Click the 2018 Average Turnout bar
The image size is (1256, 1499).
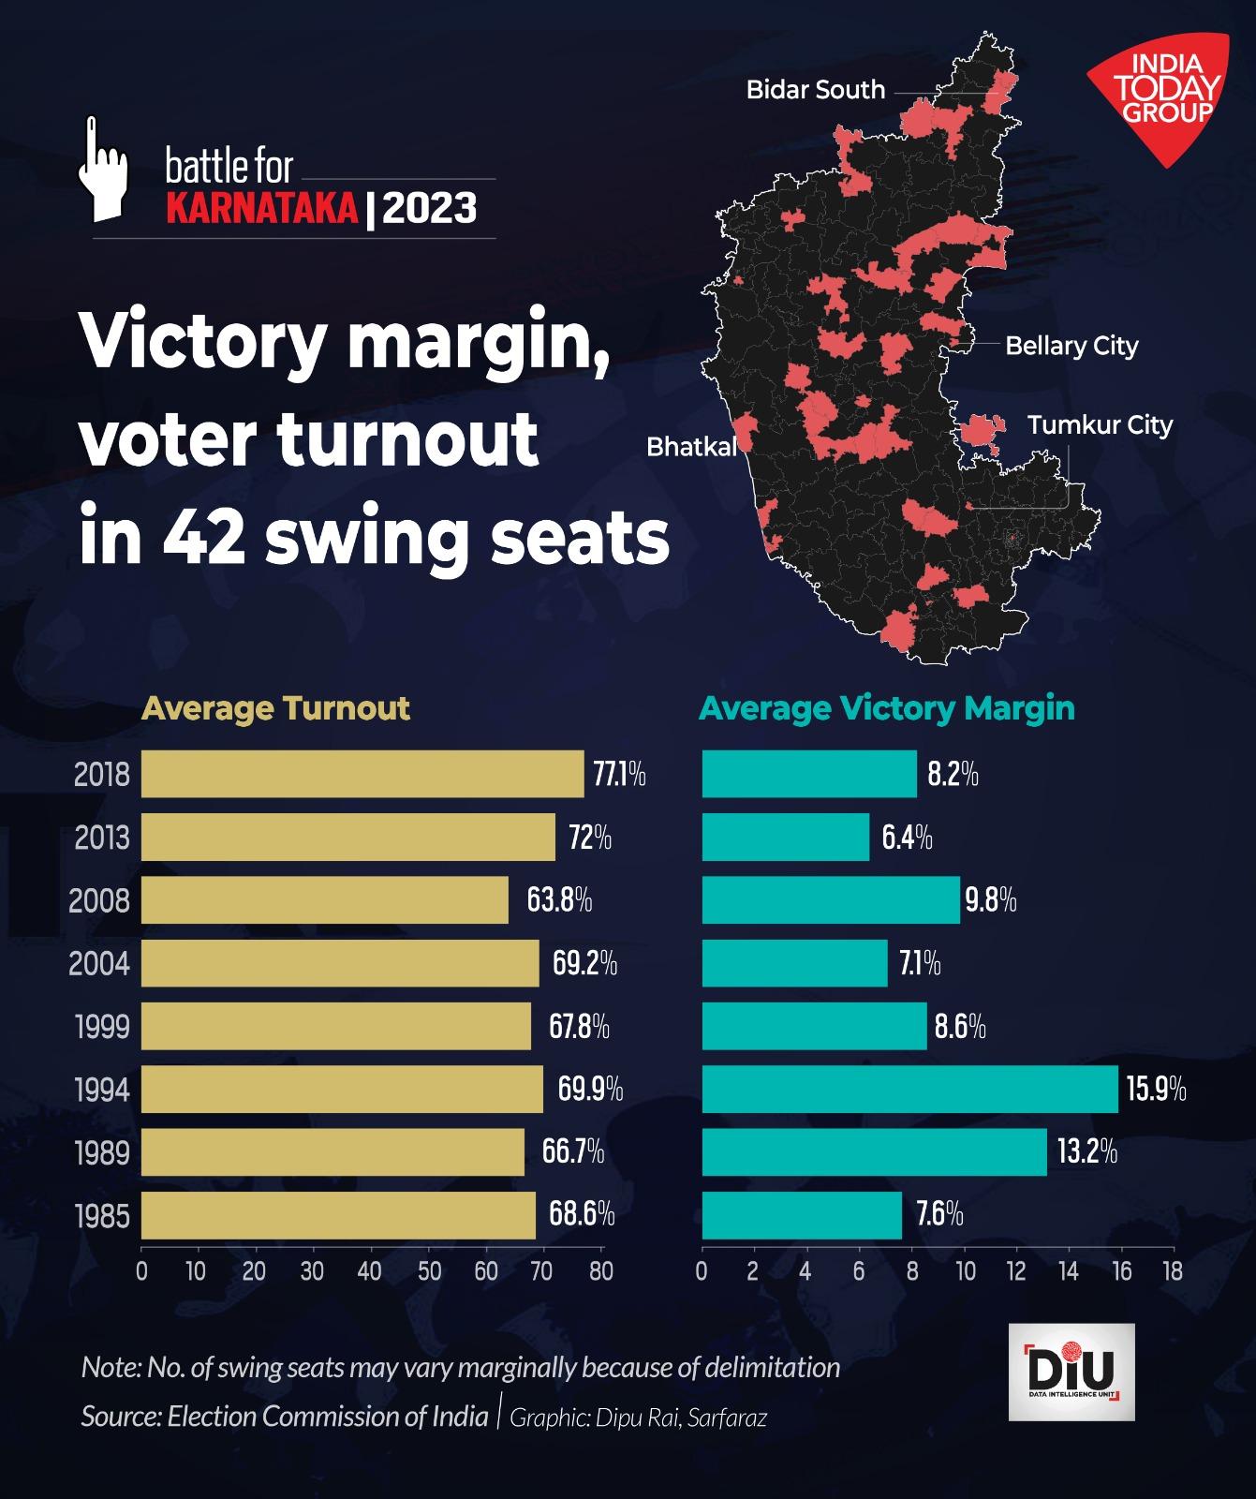362,774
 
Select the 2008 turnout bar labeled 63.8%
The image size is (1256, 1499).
324,900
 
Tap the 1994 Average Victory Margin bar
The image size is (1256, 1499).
909,1090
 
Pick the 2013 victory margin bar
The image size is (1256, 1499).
785,837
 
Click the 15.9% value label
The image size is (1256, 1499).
1156,1090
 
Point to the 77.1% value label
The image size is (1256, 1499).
619,775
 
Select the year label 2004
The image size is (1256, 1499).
99,963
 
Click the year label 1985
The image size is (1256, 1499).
101,1216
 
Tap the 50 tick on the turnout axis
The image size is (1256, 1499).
428,1271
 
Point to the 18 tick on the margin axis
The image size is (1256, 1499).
1172,1271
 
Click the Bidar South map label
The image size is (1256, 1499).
815,90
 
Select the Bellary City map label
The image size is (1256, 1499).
1071,346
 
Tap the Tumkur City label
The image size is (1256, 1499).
1100,425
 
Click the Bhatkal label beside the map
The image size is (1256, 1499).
691,447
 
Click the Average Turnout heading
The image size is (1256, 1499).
275,708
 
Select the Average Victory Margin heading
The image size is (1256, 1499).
887,708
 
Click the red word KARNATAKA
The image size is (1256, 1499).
262,208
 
